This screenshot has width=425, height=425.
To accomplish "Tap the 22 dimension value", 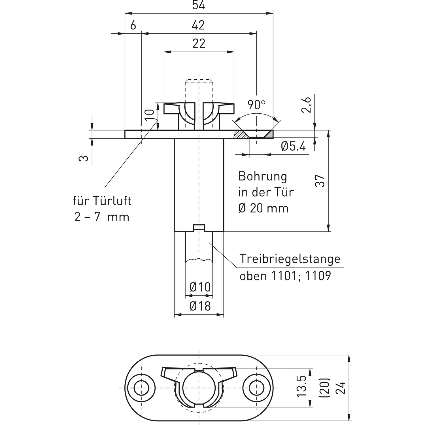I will tap(199, 44).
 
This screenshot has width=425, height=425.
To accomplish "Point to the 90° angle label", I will tap(256, 105).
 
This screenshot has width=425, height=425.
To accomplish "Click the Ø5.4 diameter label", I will tap(293, 146).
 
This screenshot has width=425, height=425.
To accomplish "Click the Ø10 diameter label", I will tap(200, 287).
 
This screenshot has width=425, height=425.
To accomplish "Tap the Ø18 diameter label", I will tap(200, 306).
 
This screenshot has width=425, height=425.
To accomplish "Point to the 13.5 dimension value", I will tap(302, 386).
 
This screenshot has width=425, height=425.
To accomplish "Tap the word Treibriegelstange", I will tap(290, 259).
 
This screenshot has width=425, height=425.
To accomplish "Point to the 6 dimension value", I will tap(133, 25).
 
